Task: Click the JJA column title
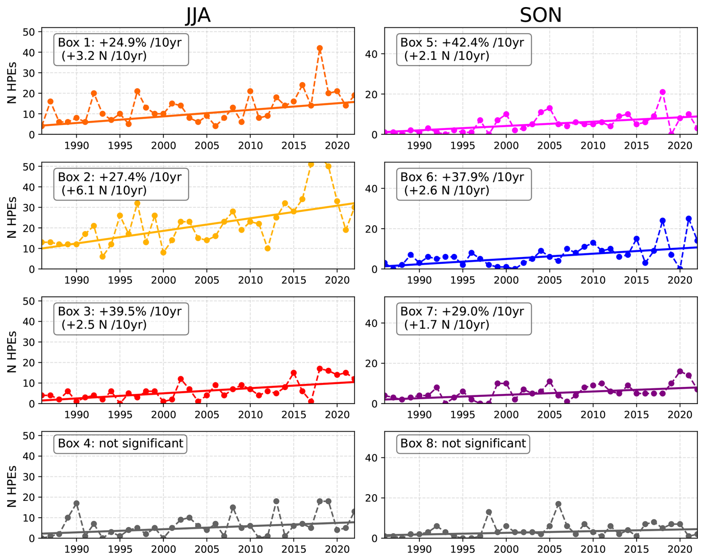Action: coord(198,16)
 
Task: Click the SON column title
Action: coord(540,16)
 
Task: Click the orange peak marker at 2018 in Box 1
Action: coord(320,48)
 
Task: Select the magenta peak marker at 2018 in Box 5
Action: coord(663,92)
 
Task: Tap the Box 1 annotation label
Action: coord(121,50)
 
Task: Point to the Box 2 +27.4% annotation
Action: coord(121,184)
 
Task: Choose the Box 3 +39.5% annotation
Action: coord(121,318)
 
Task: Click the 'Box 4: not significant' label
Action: coord(120,443)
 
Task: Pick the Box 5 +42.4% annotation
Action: coord(464,50)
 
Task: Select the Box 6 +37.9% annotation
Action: coord(464,184)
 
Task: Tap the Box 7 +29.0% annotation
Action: coord(464,318)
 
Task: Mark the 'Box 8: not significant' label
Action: coord(463,443)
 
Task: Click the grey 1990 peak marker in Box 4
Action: coord(76,503)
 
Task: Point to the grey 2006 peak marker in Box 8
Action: coord(558,504)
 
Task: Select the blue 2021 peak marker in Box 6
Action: coord(689,219)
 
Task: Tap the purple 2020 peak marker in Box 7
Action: coord(680,371)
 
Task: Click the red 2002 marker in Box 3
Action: coord(181,379)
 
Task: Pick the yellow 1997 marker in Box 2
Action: coord(137,203)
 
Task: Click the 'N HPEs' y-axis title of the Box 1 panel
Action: coord(12,83)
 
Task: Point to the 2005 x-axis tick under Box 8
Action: coord(549,549)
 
